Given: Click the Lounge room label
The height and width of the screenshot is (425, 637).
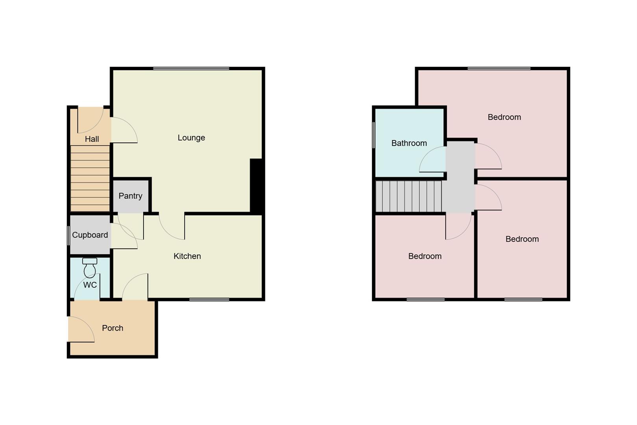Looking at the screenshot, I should click(x=191, y=138).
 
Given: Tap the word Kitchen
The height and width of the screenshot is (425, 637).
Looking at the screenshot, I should click(x=187, y=256).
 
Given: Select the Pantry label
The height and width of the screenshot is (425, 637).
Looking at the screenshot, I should click(x=130, y=196).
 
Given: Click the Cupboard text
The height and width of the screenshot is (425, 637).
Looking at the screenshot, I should click(x=90, y=235).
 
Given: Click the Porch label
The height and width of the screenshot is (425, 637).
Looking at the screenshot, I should click(x=113, y=328).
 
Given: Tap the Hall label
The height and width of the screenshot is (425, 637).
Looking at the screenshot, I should click(x=92, y=139).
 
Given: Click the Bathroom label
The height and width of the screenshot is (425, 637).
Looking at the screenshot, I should click(x=409, y=143).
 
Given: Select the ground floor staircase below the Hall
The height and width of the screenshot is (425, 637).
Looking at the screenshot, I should click(x=90, y=179).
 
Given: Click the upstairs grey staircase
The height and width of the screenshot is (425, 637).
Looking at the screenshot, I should click(x=408, y=196).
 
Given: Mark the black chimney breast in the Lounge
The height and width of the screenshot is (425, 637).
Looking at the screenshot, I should click(x=256, y=186).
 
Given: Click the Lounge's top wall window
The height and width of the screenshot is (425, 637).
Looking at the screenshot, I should click(x=191, y=69).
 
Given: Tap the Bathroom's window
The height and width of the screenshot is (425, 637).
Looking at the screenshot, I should click(x=374, y=135).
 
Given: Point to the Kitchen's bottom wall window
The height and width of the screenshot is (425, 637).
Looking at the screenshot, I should click(x=209, y=300).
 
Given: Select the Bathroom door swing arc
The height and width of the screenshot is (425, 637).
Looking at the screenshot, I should click(x=433, y=160).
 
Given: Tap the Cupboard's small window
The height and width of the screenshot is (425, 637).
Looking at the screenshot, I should click(x=69, y=235).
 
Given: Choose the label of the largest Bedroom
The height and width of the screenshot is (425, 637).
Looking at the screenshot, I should click(x=504, y=117).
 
